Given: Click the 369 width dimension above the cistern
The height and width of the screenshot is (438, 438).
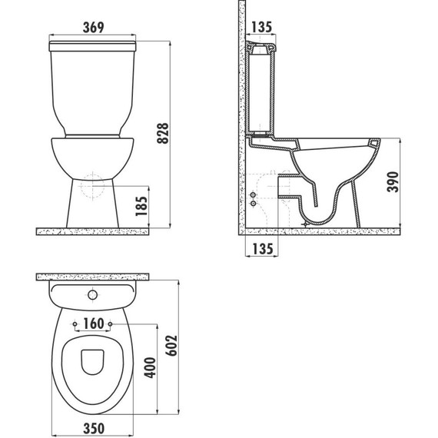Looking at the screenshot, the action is coord(94,28).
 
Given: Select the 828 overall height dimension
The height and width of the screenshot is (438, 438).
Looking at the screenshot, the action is coord(163,133).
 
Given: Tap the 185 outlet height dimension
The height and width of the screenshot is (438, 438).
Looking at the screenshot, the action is coord(141,206).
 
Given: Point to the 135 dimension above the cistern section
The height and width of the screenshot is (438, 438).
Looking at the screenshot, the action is coord(261,27).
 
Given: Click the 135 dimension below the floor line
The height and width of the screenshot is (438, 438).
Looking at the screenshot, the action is coord(263,249).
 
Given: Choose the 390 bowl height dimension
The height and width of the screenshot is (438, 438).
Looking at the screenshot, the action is coord(393,182).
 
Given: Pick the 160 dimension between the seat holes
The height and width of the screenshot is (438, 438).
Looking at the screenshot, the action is coord(94,324).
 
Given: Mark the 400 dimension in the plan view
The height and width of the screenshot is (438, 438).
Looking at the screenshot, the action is coord(150,367).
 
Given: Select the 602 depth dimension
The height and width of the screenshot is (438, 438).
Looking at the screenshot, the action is coord(171,346).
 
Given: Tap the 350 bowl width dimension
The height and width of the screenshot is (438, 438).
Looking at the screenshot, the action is coord(94,429).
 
